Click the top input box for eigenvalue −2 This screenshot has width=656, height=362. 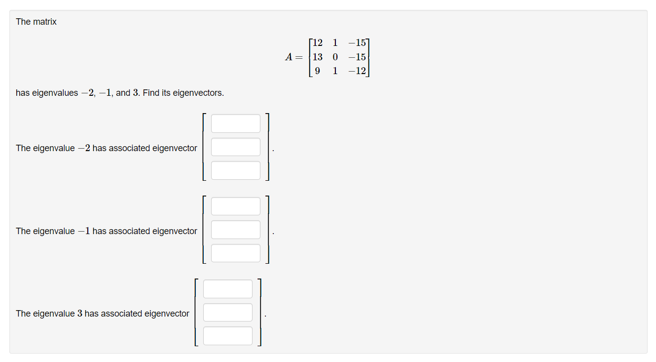tap(235, 123)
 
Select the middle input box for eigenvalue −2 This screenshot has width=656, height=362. tap(235, 147)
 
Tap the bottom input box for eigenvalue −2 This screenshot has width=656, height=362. tap(235, 170)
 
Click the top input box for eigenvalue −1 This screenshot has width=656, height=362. tap(235, 206)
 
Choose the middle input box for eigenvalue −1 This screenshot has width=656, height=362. tap(235, 230)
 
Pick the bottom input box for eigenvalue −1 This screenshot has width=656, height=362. tap(235, 253)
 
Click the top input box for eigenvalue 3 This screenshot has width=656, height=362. tap(227, 289)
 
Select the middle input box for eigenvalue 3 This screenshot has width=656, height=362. tap(227, 312)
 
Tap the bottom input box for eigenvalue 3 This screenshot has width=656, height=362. tap(227, 336)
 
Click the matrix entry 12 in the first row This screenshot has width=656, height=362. tap(317, 43)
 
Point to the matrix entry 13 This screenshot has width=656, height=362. tap(317, 57)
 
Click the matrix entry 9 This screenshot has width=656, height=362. tap(317, 71)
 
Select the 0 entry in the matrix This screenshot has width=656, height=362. tap(335, 57)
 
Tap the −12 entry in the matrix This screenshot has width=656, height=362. tap(357, 71)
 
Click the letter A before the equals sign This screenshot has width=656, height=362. tap(290, 57)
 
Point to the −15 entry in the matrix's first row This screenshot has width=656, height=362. tap(357, 43)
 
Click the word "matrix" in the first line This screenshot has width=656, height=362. tap(45, 22)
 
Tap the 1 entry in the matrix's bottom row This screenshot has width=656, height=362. tap(335, 71)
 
